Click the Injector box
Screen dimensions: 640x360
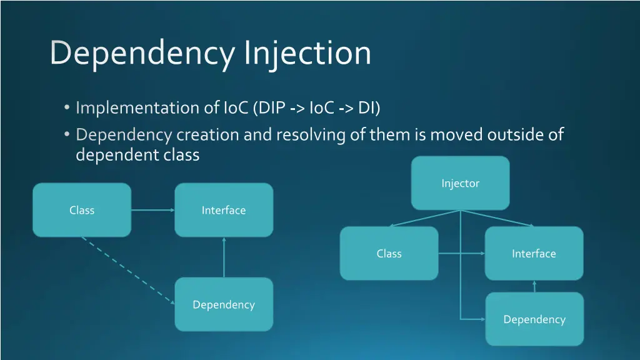(460, 183)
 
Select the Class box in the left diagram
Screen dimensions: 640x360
(82, 210)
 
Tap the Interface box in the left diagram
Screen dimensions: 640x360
(224, 210)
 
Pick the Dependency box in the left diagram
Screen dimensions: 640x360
(224, 304)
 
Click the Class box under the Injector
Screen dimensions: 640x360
(389, 253)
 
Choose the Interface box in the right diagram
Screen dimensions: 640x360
(534, 253)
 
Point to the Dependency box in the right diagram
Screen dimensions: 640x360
(534, 319)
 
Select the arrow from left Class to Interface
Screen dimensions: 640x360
(152, 210)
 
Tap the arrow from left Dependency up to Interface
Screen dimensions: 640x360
(224, 257)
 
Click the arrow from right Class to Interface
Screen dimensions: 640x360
(461, 253)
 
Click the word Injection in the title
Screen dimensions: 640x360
(307, 54)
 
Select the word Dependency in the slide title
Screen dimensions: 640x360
(142, 54)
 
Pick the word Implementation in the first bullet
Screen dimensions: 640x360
(137, 108)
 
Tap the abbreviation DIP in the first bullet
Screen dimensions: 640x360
(272, 108)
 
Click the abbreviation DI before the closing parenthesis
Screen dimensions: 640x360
(366, 108)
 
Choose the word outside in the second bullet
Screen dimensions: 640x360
(516, 134)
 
